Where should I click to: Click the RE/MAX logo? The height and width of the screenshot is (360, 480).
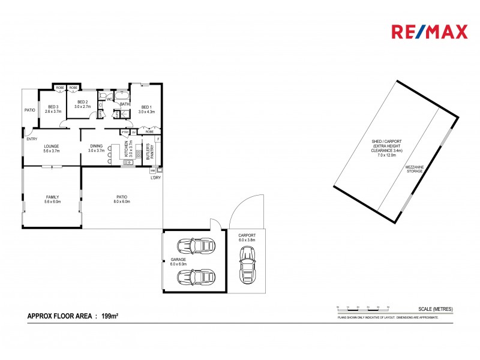point(429,32)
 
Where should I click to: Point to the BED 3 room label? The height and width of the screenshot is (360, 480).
point(53,109)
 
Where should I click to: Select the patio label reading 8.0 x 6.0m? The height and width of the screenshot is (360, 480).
point(122,199)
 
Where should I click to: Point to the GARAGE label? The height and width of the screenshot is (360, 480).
point(178,262)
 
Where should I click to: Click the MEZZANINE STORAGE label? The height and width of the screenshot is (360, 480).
point(414,170)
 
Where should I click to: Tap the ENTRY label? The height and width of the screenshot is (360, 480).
point(31,139)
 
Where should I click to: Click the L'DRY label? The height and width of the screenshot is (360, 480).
point(155,178)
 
